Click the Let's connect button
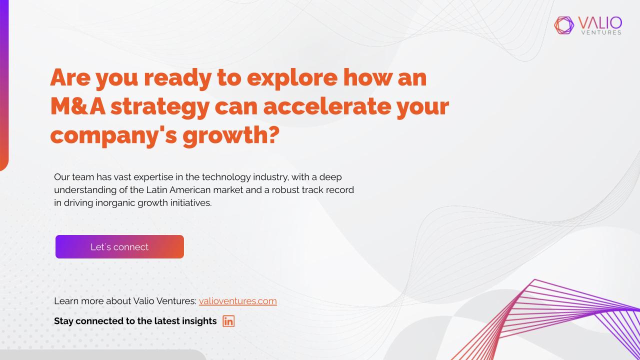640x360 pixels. (119, 247)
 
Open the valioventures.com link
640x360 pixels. (237, 301)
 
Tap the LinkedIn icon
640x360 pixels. (228, 321)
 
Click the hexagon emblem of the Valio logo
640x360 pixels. (564, 25)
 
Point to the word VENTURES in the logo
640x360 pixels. (601, 32)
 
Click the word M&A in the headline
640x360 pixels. (77, 106)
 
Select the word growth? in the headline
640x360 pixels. (231, 136)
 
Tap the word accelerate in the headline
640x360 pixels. (327, 106)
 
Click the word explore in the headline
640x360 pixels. (292, 79)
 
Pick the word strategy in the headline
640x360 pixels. (160, 107)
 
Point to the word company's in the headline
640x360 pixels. (113, 136)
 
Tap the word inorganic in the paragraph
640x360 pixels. (115, 203)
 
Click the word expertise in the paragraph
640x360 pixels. (153, 177)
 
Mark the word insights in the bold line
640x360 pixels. (199, 321)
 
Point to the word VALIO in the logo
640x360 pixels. (600, 23)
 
